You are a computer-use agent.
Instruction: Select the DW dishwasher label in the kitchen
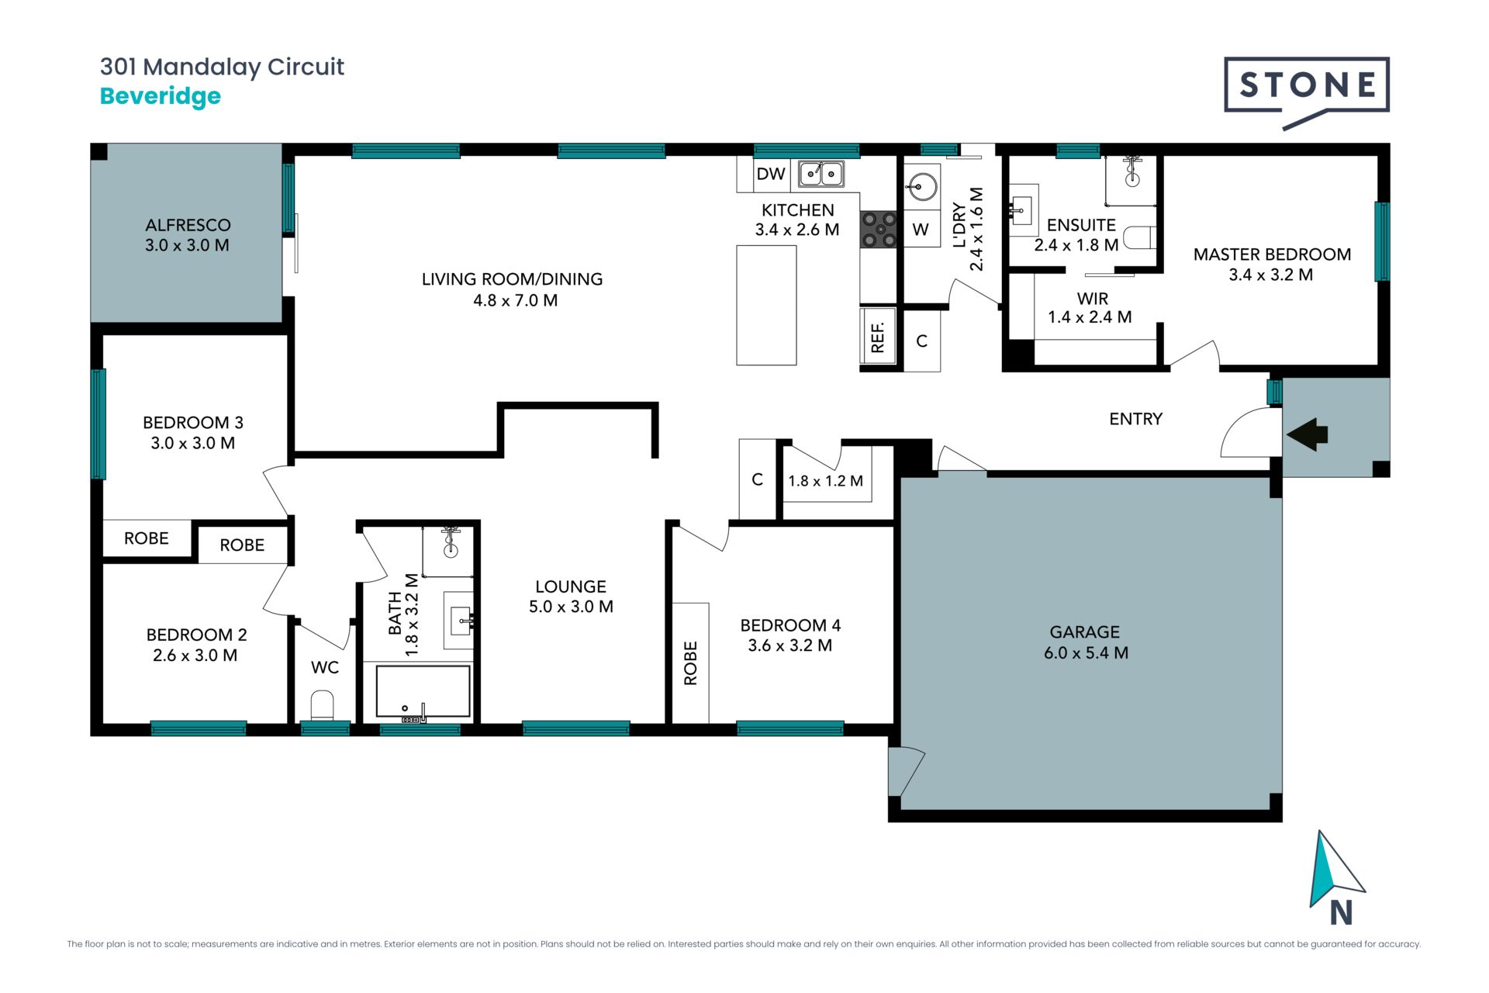coord(771,174)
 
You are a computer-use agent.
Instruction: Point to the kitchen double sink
coord(821,174)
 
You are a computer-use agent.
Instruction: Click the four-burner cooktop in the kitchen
coord(879,230)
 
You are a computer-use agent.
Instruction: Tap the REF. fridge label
coord(878,338)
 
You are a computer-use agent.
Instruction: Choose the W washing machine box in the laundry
coord(921,229)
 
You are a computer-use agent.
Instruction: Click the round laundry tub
coord(922,186)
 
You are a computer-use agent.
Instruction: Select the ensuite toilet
coord(1140,237)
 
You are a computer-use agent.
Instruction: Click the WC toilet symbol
coord(322,705)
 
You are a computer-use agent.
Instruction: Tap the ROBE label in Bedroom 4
coord(690,663)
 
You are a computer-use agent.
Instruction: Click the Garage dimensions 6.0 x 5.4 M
coord(1086,653)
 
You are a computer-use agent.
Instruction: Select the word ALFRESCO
coord(188,225)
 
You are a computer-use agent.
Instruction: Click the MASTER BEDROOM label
coord(1272,254)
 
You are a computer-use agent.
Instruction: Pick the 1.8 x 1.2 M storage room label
coord(825,481)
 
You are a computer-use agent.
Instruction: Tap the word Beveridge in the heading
coord(161,97)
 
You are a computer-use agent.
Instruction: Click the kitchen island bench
coord(766,305)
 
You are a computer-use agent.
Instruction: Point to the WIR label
coord(1092,299)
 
